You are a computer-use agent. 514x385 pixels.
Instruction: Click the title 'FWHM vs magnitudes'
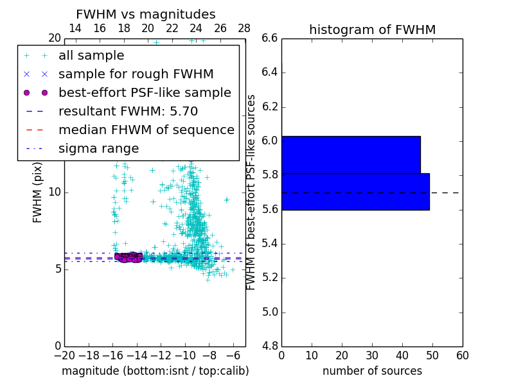pos(145,14)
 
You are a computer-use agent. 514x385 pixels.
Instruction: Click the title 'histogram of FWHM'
pos(372,30)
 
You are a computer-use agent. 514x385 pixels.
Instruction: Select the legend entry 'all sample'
pos(91,56)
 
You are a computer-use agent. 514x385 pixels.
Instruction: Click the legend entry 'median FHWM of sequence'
pos(146,130)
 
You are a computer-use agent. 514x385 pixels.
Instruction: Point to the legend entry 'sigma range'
pos(98,148)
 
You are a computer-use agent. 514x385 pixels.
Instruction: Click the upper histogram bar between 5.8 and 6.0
pos(351,155)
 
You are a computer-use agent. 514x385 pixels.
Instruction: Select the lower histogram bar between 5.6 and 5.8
pos(355,191)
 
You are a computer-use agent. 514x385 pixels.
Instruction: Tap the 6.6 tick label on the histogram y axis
pos(270,38)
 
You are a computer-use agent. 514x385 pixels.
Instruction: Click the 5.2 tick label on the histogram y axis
pos(270,278)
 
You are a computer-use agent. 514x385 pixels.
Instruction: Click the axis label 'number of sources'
pos(372,371)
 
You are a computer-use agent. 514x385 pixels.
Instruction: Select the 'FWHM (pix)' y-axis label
pos(38,192)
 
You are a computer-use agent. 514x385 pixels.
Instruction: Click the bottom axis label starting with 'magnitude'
pos(155,371)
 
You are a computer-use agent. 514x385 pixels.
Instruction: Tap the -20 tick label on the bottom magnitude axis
pos(64,355)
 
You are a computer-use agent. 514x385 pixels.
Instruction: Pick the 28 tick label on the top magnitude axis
pos(244,28)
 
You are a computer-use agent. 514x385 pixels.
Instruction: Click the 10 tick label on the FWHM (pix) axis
pos(54,192)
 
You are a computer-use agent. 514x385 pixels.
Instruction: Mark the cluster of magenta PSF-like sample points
pos(128,257)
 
